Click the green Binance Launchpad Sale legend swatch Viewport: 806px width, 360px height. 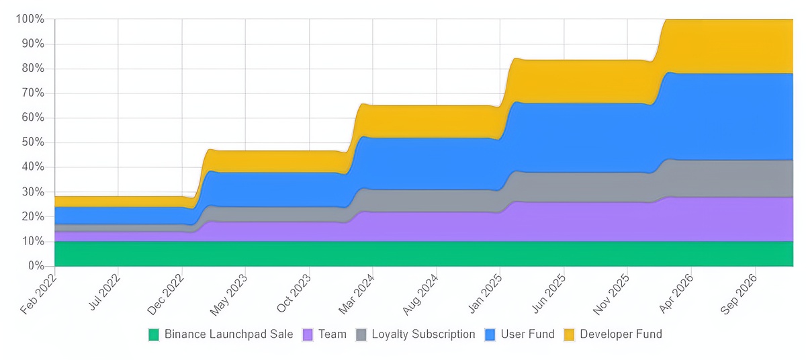(x=154, y=334)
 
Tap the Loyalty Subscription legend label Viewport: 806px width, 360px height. (x=423, y=334)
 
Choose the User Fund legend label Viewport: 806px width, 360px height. (x=528, y=334)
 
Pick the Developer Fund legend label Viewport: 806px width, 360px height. (x=621, y=334)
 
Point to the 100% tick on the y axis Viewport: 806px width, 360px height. (x=30, y=19)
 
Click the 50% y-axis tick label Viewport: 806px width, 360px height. (x=32, y=142)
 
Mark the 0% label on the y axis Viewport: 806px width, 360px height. (x=36, y=266)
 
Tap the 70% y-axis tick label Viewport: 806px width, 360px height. (x=32, y=93)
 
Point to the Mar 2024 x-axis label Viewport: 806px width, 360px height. (x=357, y=291)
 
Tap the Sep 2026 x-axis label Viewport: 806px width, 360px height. (x=740, y=291)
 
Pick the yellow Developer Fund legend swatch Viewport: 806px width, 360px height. (x=570, y=334)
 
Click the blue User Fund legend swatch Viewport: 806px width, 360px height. (x=490, y=334)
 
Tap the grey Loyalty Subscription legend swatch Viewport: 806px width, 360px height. (x=361, y=334)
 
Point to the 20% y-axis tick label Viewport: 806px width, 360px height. (x=32, y=216)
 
